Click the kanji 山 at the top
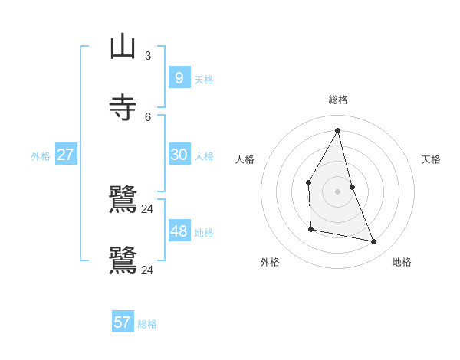tap(123, 47)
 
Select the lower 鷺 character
tap(123, 260)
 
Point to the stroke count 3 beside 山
tap(148, 55)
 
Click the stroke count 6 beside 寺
tap(148, 116)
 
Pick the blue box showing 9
tap(179, 77)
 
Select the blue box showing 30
tap(179, 154)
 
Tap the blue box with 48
tap(179, 231)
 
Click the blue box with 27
tap(65, 154)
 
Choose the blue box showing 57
tap(122, 322)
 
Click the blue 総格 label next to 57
tap(147, 324)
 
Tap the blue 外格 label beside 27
tap(41, 156)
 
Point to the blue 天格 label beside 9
tap(204, 80)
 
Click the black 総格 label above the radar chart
tap(338, 100)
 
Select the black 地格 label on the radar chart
tap(402, 262)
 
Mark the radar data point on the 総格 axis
tap(338, 130)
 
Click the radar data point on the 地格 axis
tap(374, 241)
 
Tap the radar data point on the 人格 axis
tap(308, 182)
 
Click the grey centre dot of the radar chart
tap(338, 191)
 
